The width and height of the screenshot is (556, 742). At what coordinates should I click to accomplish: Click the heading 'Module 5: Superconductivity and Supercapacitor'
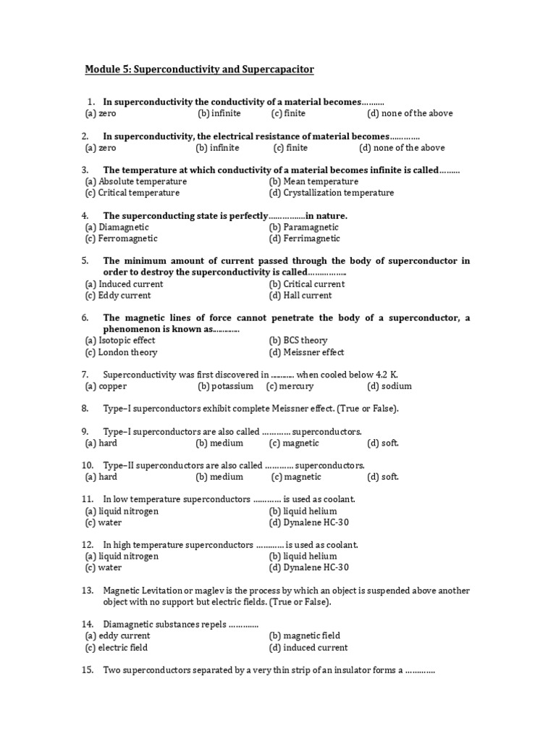click(x=200, y=70)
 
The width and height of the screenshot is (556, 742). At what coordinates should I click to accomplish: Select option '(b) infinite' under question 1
click(x=219, y=114)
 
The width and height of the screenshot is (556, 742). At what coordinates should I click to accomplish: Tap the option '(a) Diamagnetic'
click(x=117, y=228)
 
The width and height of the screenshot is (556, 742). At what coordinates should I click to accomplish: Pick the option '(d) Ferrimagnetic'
click(x=304, y=239)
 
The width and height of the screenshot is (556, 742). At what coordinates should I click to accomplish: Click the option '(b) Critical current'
click(x=306, y=284)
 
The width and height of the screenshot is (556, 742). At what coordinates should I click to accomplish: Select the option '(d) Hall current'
click(x=300, y=296)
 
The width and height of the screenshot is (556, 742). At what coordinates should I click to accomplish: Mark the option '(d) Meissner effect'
click(x=306, y=353)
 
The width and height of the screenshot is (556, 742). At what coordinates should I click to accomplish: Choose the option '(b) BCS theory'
click(x=298, y=341)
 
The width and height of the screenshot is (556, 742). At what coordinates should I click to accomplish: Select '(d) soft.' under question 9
click(x=382, y=443)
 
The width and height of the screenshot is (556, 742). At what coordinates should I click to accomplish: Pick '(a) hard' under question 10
click(x=101, y=478)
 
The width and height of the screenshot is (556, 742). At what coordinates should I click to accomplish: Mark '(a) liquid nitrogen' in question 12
click(x=121, y=556)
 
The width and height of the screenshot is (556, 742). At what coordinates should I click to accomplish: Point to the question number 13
click(x=88, y=591)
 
